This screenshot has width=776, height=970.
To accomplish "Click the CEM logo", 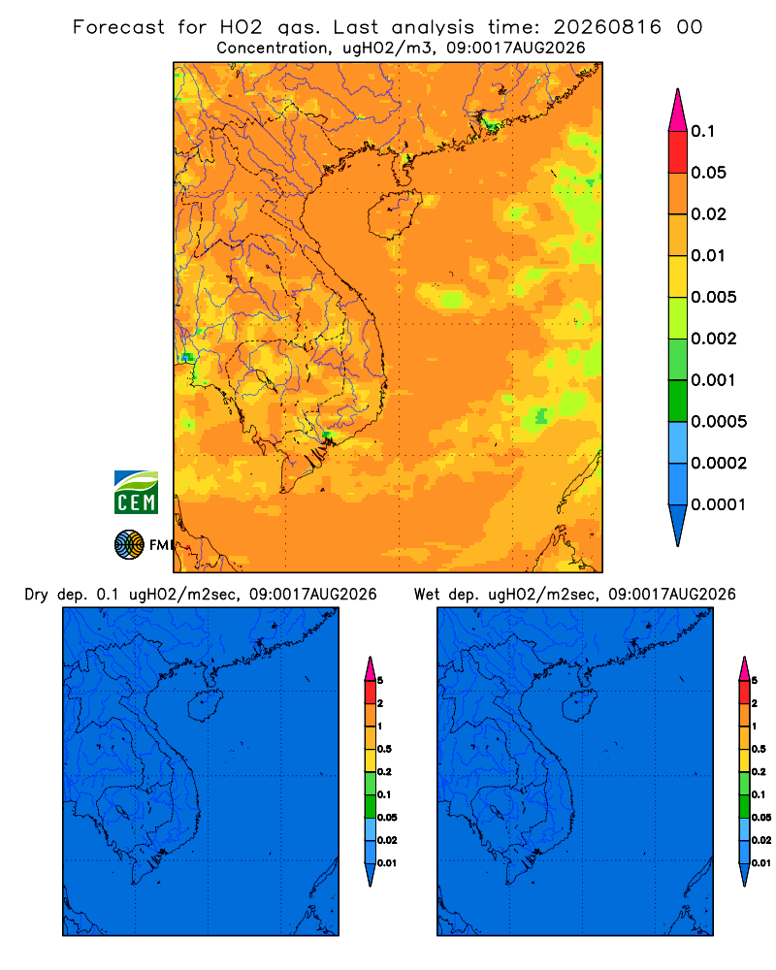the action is pyautogui.click(x=136, y=493).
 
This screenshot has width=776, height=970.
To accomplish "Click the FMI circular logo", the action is pyautogui.click(x=129, y=544).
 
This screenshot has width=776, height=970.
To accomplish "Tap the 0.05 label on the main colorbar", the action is pyautogui.click(x=708, y=173).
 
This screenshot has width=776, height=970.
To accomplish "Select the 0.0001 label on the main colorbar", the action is pyautogui.click(x=719, y=504).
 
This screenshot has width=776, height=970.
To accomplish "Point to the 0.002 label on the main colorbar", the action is pyautogui.click(x=714, y=339).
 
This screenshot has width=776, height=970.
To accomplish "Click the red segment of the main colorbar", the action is pyautogui.click(x=678, y=152).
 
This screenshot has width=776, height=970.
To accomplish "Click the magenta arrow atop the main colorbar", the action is pyautogui.click(x=678, y=111).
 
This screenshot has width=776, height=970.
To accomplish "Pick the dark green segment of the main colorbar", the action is pyautogui.click(x=678, y=401).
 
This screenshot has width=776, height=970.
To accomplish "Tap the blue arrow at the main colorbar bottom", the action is pyautogui.click(x=678, y=525).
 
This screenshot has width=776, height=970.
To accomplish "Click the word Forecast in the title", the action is pyautogui.click(x=118, y=27).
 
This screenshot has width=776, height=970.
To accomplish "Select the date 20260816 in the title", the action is pyautogui.click(x=607, y=27).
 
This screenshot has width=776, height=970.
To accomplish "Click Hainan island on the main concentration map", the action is pyautogui.click(x=394, y=214).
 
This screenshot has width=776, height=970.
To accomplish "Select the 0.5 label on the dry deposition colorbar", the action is pyautogui.click(x=384, y=749).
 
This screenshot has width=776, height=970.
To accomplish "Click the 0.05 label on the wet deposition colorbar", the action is pyautogui.click(x=761, y=817).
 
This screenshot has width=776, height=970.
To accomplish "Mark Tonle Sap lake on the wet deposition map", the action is pyautogui.click(x=496, y=812).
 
